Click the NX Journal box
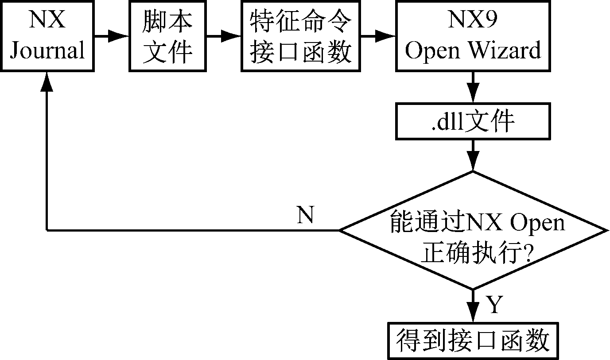coord(47,35)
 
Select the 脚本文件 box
coord(168,35)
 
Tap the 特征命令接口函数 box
coord(301,35)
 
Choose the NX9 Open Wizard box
coord(473,35)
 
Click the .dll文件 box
coord(473,121)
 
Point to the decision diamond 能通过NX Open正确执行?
coord(473,230)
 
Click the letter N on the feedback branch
coord(305,216)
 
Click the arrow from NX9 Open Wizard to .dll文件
coord(473,87)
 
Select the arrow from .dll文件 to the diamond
coord(473,155)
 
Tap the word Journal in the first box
coord(47,50)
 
